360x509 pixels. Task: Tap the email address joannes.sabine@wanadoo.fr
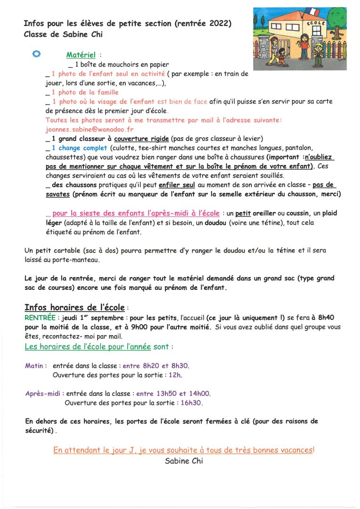(83, 129)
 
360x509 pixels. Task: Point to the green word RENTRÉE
(40, 318)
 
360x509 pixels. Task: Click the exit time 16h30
(191, 403)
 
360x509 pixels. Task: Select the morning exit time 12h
(175, 375)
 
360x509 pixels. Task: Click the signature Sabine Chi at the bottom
(184, 461)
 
